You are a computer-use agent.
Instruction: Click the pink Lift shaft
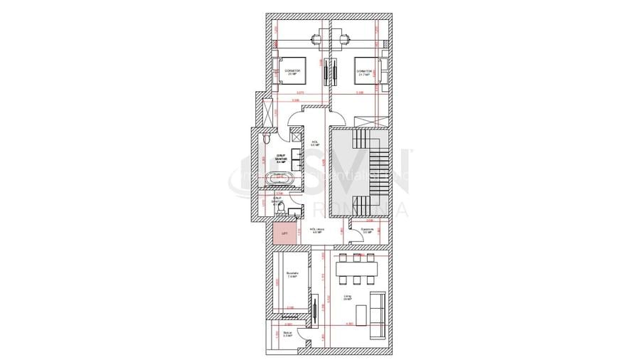point(283,232)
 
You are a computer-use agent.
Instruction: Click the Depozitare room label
point(367,230)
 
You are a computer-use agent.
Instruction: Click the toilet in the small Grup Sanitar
point(280,208)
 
